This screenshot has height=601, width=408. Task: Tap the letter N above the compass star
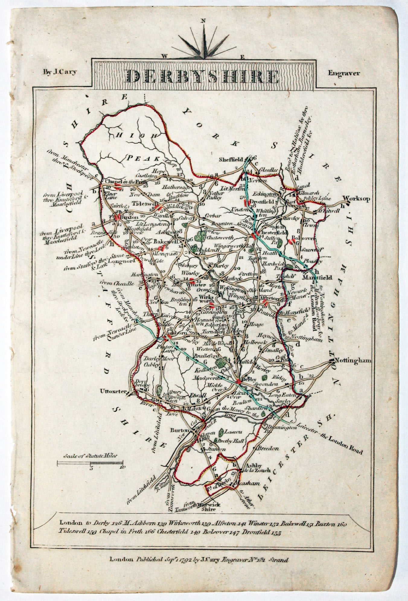click(203, 21)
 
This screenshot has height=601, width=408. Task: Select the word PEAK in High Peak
click(139, 157)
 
